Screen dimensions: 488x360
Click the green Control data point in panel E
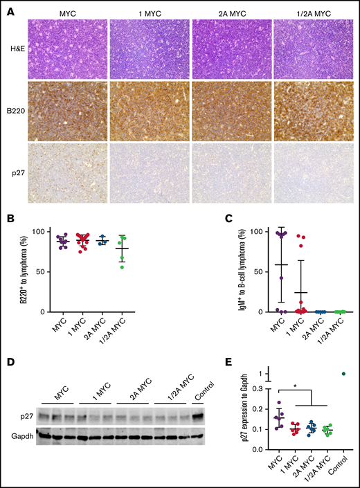point(344,374)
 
